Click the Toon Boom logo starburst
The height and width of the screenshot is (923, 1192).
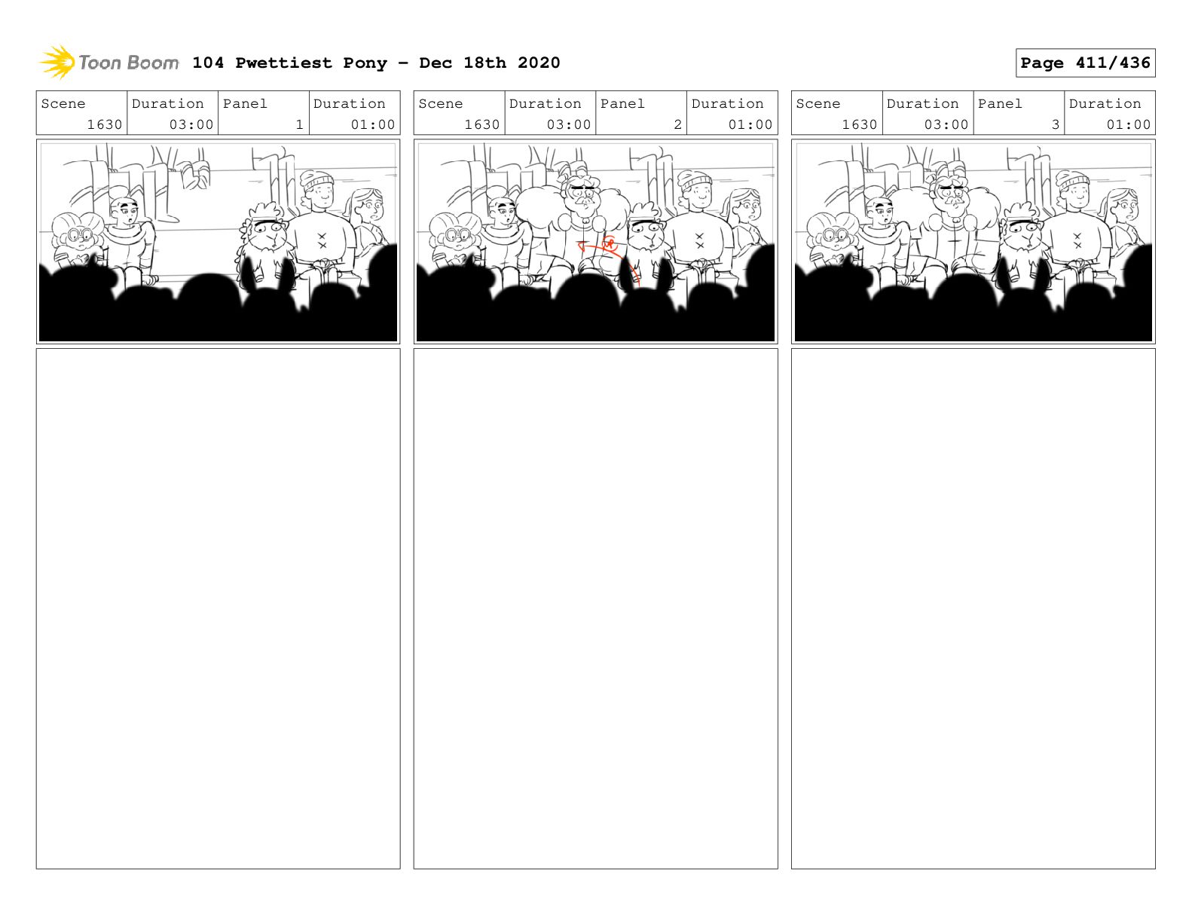coord(57,62)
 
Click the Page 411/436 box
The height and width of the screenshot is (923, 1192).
coord(1084,63)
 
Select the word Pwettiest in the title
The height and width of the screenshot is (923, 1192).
coord(283,63)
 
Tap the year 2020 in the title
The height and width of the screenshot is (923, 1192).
coord(538,63)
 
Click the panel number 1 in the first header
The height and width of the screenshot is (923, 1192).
coord(300,124)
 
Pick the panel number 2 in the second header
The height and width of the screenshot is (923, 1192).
coord(677,124)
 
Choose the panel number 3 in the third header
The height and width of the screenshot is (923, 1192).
coord(1055,124)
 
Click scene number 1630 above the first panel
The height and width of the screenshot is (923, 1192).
coord(104,124)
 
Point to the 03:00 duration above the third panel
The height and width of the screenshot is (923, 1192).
coord(946,124)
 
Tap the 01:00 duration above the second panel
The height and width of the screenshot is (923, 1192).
coord(750,124)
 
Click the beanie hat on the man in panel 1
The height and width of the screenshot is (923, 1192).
coord(316,180)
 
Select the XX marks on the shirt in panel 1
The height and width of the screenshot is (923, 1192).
coord(322,240)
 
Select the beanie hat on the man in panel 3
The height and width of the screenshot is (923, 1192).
coord(1072,180)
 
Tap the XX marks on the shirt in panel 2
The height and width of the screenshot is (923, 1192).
coord(699,240)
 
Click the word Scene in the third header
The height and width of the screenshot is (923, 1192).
coord(818,104)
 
